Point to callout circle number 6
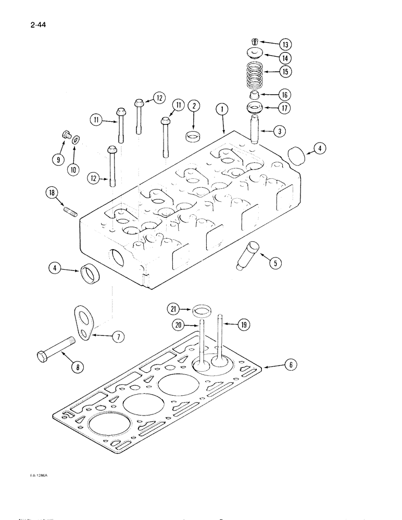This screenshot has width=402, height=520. [x=292, y=366]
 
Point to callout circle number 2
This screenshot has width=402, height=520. [x=194, y=107]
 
